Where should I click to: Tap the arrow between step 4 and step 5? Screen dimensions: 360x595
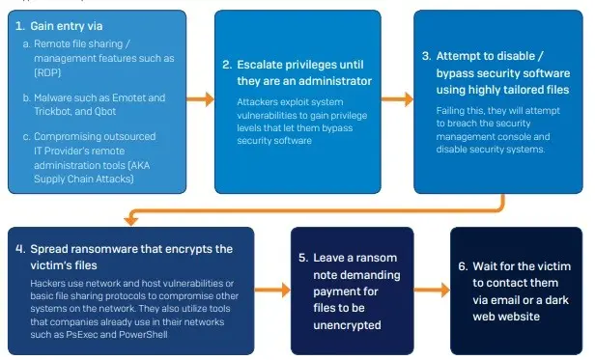(x=271, y=287)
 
